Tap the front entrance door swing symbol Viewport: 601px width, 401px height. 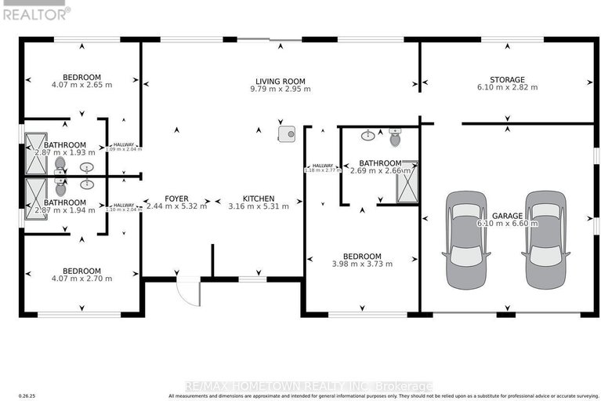189,293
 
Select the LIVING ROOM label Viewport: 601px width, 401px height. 280,81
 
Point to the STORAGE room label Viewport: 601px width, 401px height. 508,79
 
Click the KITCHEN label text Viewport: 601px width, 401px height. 258,199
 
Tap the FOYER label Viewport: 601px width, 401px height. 176,199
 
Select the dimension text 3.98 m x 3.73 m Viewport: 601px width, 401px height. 362,264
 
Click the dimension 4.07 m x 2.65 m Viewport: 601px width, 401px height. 82,85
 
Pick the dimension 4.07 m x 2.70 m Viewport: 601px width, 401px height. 82,278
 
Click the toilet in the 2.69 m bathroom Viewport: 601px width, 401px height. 394,138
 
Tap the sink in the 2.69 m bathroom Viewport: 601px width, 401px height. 367,136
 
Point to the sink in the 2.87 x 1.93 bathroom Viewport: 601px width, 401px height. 86,167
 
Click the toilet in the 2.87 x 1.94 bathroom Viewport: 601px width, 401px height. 60,188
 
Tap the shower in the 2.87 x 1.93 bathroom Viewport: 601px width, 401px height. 36,153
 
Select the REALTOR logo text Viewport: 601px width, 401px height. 35,13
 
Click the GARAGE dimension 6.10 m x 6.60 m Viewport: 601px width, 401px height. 508,224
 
